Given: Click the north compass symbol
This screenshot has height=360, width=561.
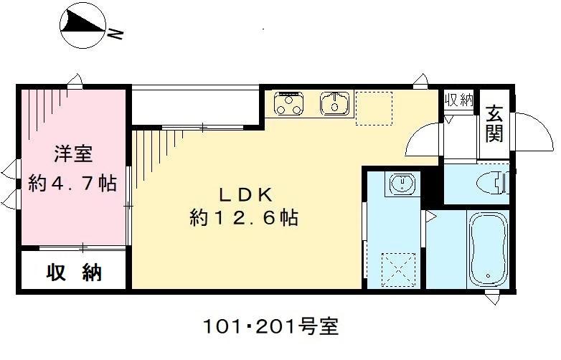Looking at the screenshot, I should [82, 27].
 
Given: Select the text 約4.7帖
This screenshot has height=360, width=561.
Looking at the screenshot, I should [72, 183].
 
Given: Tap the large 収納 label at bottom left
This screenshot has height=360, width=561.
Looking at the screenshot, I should [74, 273].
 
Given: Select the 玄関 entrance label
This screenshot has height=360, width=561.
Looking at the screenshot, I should [494, 123].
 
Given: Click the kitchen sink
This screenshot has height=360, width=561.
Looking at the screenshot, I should [335, 103].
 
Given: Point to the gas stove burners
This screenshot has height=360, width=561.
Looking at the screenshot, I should [289, 103].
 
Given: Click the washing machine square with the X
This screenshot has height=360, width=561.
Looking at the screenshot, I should [400, 270].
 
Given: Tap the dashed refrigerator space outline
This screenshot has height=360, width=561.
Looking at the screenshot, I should [374, 108].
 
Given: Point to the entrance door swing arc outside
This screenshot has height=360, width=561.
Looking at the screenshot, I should [534, 133].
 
